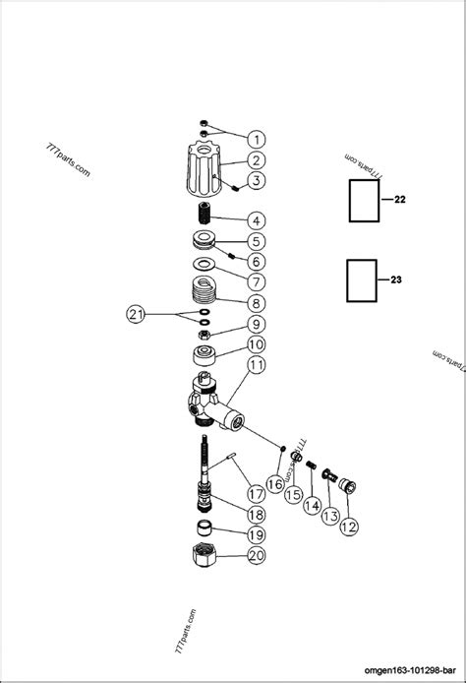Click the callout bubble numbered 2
pos(255,159)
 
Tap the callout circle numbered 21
pos(138,314)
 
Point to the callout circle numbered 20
pos(256,556)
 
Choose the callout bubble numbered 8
pos(255,303)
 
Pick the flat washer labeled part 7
pos(204,264)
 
